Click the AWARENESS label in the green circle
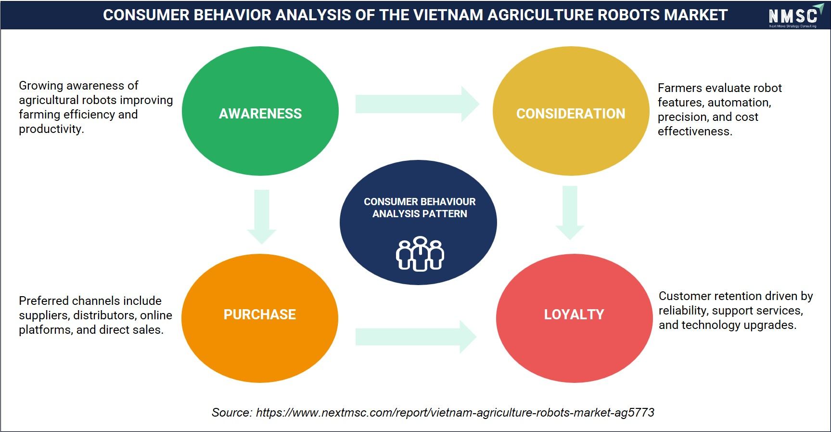260,114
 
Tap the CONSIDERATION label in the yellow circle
571,114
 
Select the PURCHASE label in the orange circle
260,314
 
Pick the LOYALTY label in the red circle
574,314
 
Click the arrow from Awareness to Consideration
417,104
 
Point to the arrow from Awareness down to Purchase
262,217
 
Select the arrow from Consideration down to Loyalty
570,213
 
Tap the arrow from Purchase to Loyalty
416,337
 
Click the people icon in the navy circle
420,254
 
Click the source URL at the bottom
455,413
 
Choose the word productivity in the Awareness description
51,130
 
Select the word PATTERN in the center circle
444,214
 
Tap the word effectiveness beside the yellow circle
695,131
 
